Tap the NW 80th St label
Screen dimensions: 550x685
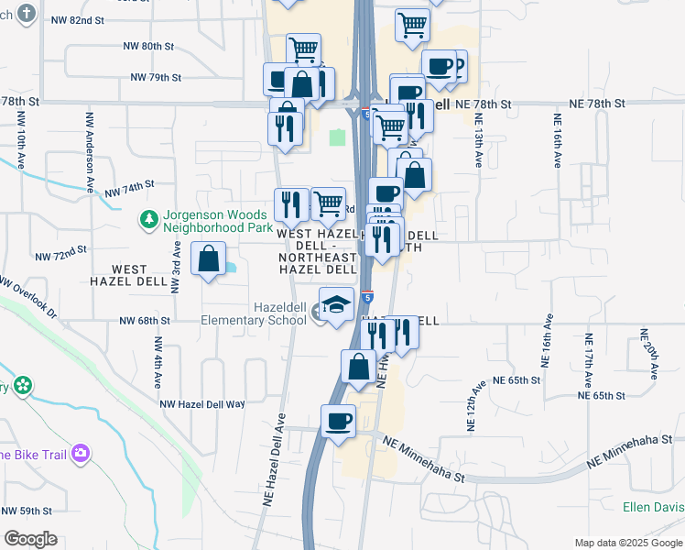click(147, 45)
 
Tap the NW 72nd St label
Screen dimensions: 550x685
click(60, 250)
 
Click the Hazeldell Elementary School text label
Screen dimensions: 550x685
click(254, 313)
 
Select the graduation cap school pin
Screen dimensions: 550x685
click(336, 303)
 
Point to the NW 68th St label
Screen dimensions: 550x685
click(146, 321)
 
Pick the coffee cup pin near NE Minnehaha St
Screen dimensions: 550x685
click(338, 421)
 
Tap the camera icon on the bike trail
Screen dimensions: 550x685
click(82, 453)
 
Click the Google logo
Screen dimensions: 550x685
click(30, 539)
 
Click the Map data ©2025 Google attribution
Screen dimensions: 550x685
click(628, 543)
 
